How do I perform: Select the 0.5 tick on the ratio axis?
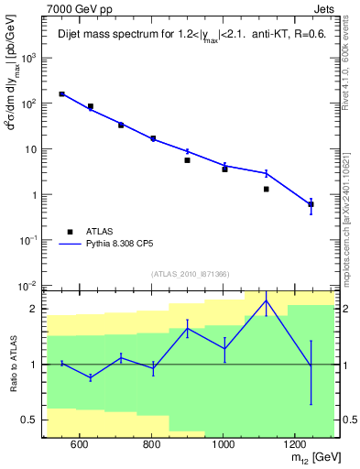click(30, 420)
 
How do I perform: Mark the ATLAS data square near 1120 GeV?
click(266, 189)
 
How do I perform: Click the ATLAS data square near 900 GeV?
click(187, 160)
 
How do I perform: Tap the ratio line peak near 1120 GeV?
click(266, 300)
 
